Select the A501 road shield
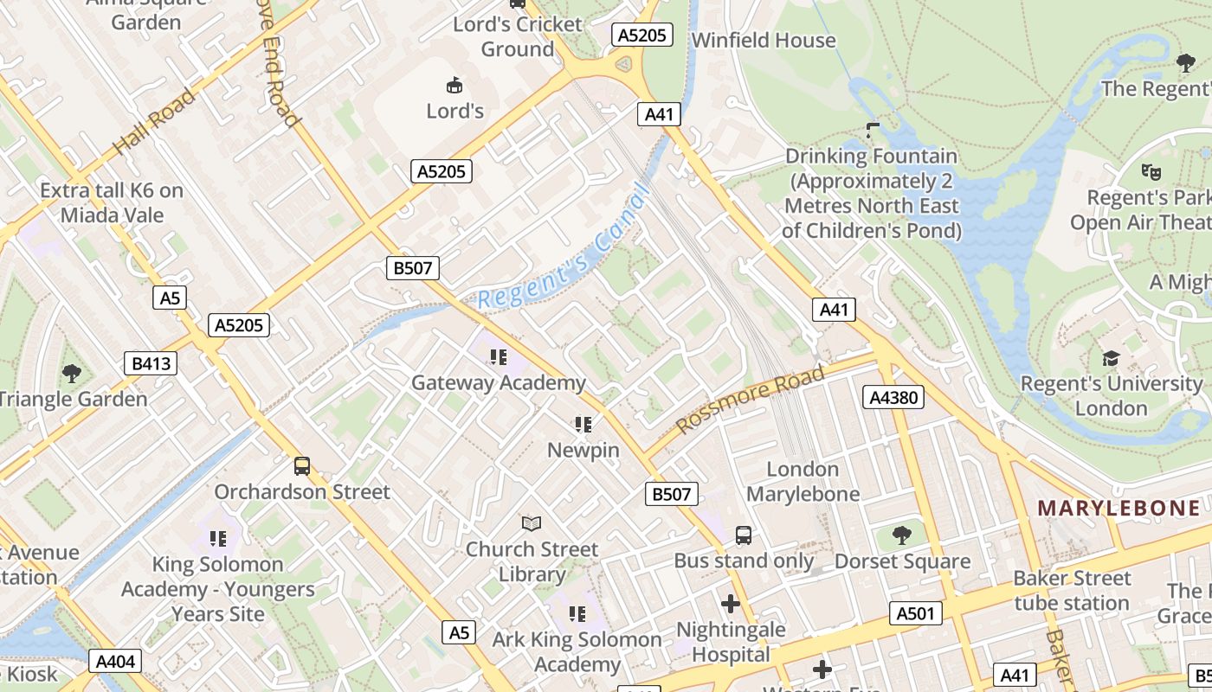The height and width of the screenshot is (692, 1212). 916,613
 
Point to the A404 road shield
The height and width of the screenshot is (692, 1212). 115,662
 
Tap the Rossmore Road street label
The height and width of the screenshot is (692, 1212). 750,400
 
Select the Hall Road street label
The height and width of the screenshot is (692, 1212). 155,122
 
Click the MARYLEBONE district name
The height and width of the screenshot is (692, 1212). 1119,509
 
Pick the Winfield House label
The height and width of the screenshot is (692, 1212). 764,40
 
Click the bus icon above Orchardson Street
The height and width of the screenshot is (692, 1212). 302,466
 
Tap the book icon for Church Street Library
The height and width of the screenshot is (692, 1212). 532,523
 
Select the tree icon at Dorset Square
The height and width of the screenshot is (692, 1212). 902,535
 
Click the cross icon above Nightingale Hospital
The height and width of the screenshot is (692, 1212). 731,603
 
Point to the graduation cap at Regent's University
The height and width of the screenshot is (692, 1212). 1111,358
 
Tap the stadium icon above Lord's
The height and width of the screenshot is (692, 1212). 455,85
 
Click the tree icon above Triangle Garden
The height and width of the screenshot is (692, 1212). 72,374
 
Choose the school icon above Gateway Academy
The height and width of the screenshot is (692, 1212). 498,356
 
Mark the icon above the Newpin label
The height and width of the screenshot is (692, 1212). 583,424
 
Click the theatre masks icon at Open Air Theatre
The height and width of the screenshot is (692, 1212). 1151,171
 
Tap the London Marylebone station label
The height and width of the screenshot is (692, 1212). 803,482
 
